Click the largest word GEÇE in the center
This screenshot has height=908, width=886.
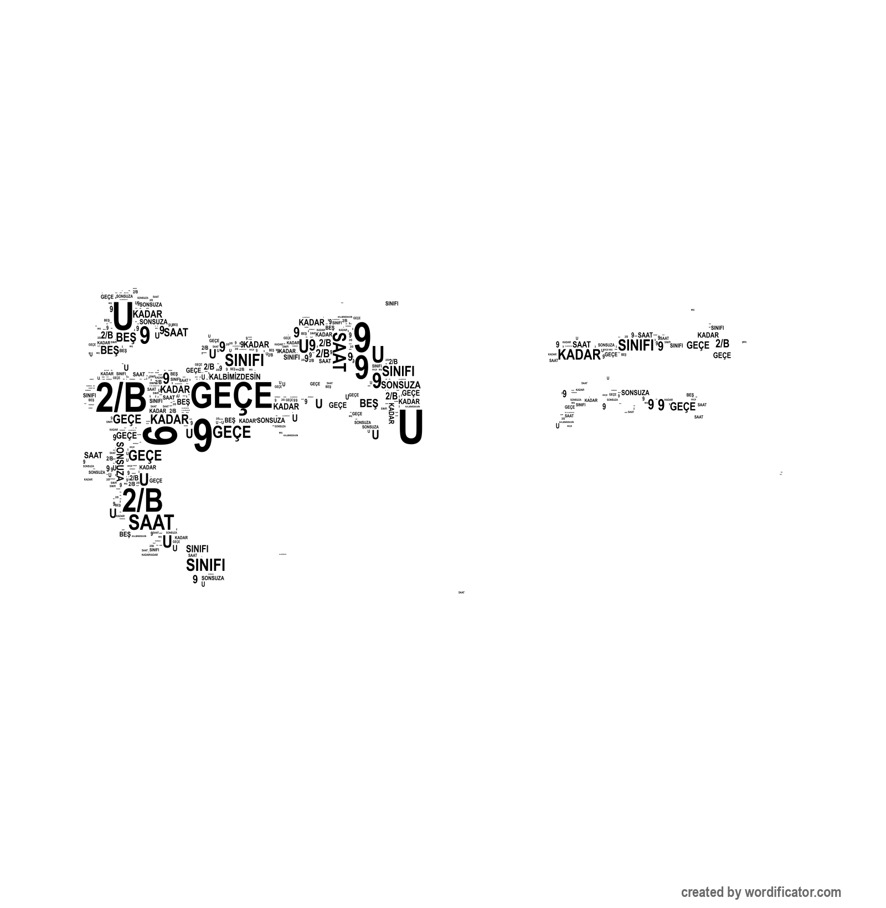(x=231, y=396)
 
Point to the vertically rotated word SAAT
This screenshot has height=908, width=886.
(x=339, y=351)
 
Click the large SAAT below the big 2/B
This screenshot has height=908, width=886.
(x=151, y=522)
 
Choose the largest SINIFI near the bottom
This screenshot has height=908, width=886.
(x=205, y=565)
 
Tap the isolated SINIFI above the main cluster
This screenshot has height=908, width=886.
(x=392, y=303)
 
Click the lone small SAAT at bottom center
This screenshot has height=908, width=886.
(x=461, y=592)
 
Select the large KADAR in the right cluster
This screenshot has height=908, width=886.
(x=579, y=355)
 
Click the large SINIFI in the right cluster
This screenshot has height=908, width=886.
(x=636, y=345)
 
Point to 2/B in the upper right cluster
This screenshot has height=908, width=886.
(x=722, y=343)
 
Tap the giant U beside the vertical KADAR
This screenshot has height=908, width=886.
(x=410, y=427)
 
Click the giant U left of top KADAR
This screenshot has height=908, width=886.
(x=123, y=316)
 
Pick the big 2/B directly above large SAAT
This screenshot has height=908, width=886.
(x=142, y=501)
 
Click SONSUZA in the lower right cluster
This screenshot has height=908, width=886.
(x=635, y=393)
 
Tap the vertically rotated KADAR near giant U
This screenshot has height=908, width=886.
(x=391, y=413)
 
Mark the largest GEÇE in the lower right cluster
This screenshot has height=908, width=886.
(x=682, y=407)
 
